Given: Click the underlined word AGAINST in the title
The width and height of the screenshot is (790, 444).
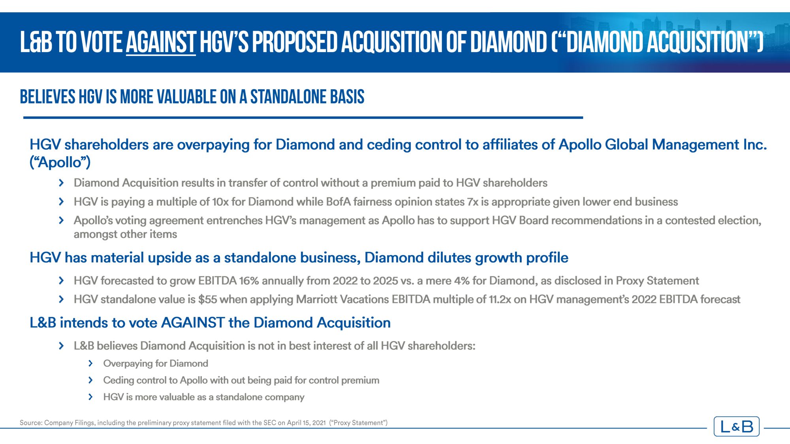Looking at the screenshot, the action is click(161, 42).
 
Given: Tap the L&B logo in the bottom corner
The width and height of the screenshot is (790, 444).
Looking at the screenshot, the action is click(736, 426).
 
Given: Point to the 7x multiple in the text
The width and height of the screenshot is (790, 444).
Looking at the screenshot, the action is click(472, 202).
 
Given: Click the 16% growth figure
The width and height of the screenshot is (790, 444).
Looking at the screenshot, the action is click(249, 281).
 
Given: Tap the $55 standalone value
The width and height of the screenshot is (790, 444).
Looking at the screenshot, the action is click(208, 300).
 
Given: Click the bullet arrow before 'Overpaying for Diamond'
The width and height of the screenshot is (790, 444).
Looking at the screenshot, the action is click(90, 363).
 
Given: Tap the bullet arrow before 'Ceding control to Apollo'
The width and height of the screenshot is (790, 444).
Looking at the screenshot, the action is click(90, 380).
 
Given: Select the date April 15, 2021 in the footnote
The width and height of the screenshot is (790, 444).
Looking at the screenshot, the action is click(306, 423).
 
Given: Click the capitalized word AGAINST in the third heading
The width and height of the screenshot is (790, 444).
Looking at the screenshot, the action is click(193, 323).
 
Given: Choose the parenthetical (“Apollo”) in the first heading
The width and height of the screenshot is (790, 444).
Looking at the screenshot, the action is click(60, 162).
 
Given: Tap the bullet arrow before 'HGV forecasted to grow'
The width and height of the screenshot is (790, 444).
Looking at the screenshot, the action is click(61, 281).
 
